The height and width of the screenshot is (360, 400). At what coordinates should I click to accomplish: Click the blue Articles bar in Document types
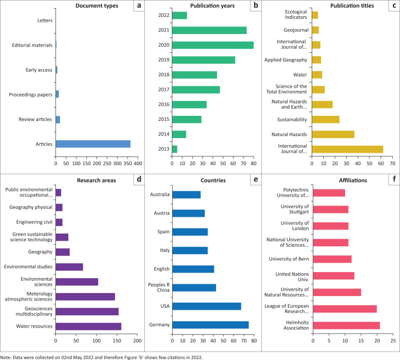pos(93,144)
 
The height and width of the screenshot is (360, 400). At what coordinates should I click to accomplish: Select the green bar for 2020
pos(213,45)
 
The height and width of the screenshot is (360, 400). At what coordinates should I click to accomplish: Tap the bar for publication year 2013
pos(175,149)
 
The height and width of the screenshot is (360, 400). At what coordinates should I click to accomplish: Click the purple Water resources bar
pos(88,326)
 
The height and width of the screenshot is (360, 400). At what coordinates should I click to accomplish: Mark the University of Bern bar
pos(332,259)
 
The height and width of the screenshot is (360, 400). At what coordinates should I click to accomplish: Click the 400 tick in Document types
pos(137,165)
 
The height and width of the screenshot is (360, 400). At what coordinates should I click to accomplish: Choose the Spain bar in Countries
pos(190,232)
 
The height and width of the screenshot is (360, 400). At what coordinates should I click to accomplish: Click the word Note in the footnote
pos(7,356)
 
